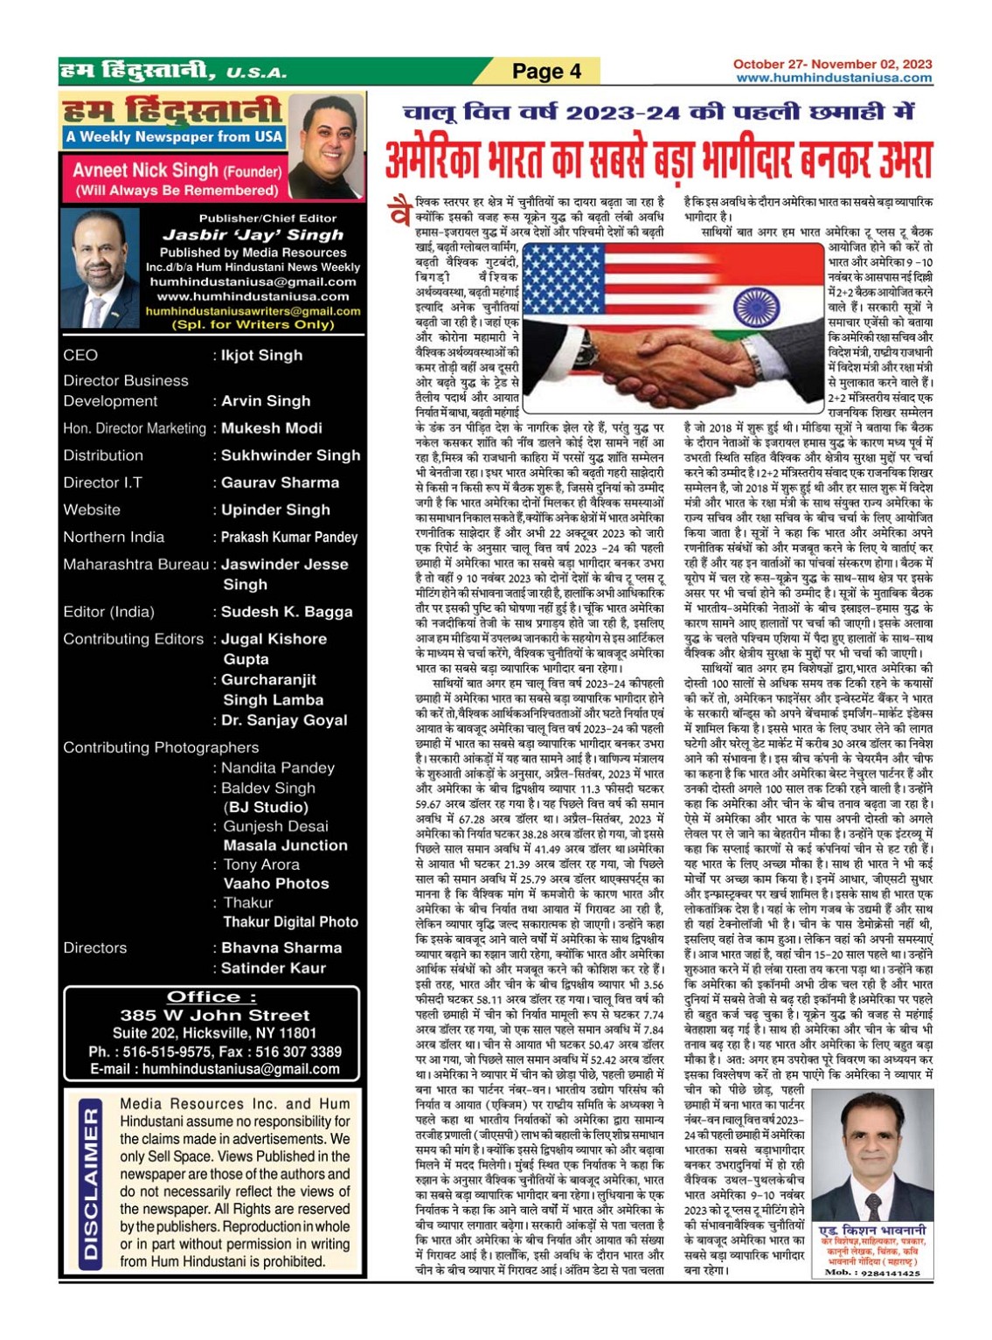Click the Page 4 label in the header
[x=546, y=72]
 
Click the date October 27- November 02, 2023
[x=832, y=64]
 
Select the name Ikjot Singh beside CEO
[x=261, y=355]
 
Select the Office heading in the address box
[x=212, y=996]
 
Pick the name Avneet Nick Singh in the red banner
[x=145, y=170]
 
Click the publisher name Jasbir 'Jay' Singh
[x=253, y=234]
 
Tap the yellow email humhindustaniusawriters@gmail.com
[x=253, y=311]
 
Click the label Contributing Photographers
[x=161, y=747]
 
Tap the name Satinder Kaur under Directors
[x=274, y=968]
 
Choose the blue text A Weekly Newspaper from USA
[x=174, y=136]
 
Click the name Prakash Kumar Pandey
[x=289, y=537]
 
